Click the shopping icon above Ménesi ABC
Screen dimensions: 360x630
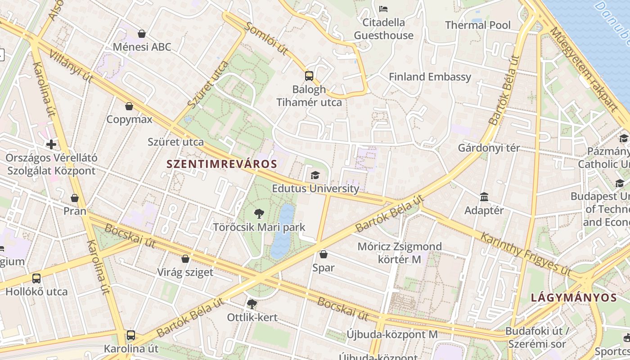tap(142, 34)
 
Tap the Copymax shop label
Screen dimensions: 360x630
tap(129, 120)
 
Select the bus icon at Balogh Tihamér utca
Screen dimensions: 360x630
tap(309, 76)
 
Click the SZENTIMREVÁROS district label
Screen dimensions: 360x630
tap(221, 164)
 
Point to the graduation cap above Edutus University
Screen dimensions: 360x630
tap(315, 175)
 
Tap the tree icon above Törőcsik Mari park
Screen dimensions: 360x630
tap(259, 214)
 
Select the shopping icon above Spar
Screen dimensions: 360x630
tap(323, 254)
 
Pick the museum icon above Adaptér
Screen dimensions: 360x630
tap(484, 197)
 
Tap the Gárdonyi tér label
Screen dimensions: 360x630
tap(489, 148)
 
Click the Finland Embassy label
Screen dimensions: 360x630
tap(430, 77)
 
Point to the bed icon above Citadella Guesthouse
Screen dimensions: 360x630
tap(383, 9)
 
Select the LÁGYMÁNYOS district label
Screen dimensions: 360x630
tap(574, 297)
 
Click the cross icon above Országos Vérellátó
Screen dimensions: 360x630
tap(51, 144)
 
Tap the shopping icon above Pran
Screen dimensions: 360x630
tap(75, 198)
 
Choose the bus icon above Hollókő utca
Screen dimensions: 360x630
tap(36, 279)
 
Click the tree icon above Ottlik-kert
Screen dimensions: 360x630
tap(252, 304)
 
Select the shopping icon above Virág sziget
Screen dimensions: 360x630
tap(185, 259)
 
